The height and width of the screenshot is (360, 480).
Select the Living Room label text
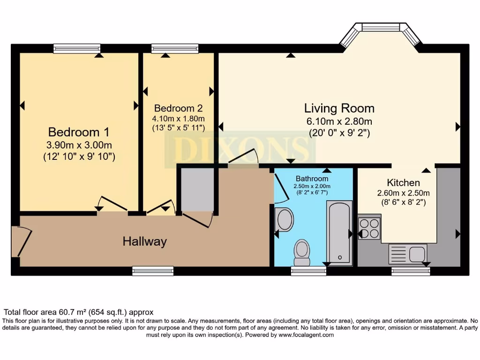[339, 108]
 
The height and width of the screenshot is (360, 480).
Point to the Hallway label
[144, 242]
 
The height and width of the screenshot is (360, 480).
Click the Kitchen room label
[403, 182]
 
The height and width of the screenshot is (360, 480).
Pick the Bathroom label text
[312, 179]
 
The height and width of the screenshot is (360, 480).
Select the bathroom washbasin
[284, 219]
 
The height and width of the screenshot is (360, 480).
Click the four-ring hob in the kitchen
[369, 228]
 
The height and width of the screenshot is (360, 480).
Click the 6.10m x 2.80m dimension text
[339, 121]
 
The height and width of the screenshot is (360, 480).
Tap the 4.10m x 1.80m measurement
[179, 118]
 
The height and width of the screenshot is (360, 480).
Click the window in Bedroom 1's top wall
[77, 48]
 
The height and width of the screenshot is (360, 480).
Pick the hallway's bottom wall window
[153, 270]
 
